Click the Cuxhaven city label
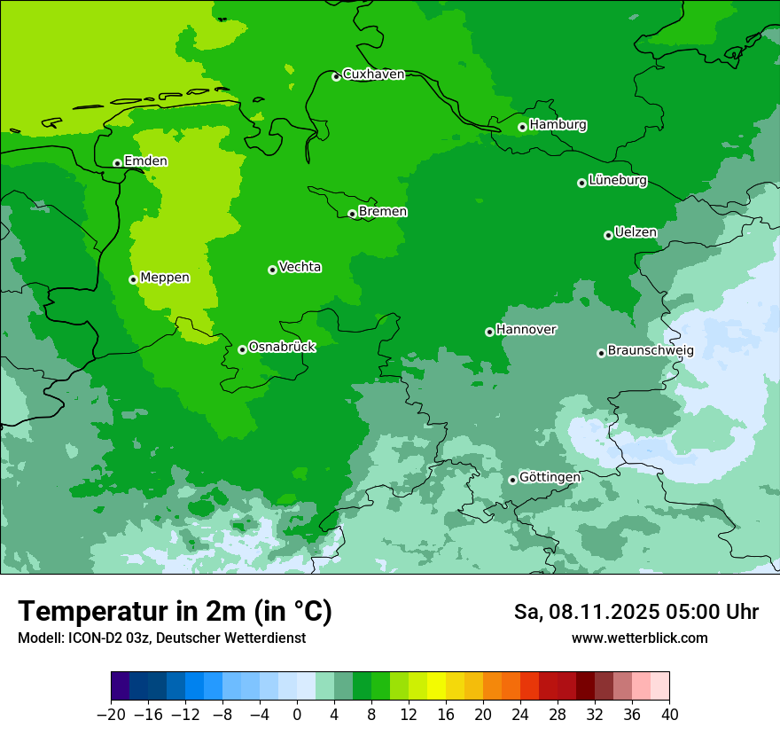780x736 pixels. (373, 74)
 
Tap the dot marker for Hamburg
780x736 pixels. (522, 127)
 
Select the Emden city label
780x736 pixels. (145, 161)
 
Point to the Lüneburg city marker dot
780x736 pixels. (581, 183)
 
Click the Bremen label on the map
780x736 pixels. (383, 212)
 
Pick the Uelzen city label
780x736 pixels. (636, 233)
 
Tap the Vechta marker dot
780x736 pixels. (272, 270)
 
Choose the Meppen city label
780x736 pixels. (165, 278)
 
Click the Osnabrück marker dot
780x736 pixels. (242, 349)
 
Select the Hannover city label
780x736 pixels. (526, 330)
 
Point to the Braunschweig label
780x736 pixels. (651, 351)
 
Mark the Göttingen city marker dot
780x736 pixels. (512, 480)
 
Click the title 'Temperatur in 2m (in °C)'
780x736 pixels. (175, 612)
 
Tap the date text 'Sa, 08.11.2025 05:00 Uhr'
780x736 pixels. (636, 612)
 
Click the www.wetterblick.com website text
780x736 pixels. (639, 638)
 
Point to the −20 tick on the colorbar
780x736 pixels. (111, 715)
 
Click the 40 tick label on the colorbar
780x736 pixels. (669, 715)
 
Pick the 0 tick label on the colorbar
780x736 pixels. (297, 715)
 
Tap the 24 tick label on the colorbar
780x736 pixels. (520, 715)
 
